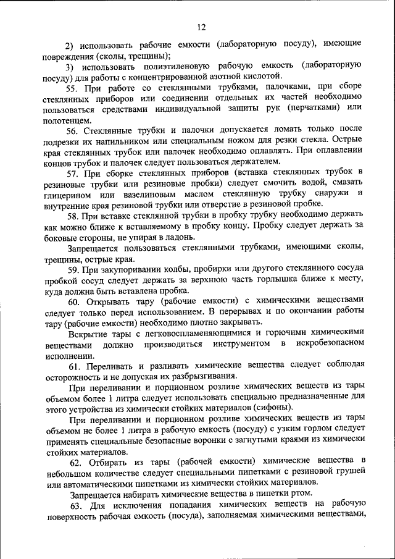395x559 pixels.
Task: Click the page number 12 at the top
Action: (202, 27)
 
